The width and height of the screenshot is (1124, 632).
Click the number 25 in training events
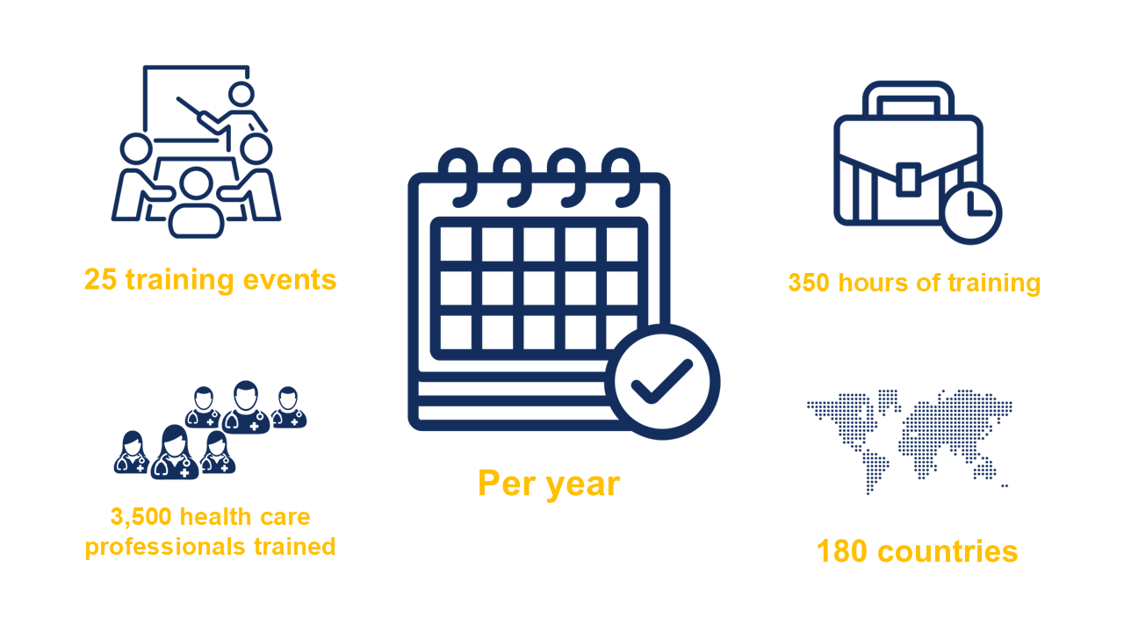101,280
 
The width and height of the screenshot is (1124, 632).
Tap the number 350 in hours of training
809,284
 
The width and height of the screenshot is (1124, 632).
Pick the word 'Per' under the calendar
506,484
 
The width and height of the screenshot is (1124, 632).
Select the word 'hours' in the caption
870,284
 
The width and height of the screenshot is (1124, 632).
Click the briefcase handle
908,99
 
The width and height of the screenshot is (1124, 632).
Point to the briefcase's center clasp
908,178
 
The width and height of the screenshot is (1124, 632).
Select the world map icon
910,439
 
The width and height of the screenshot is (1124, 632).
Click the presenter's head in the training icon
241,93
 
